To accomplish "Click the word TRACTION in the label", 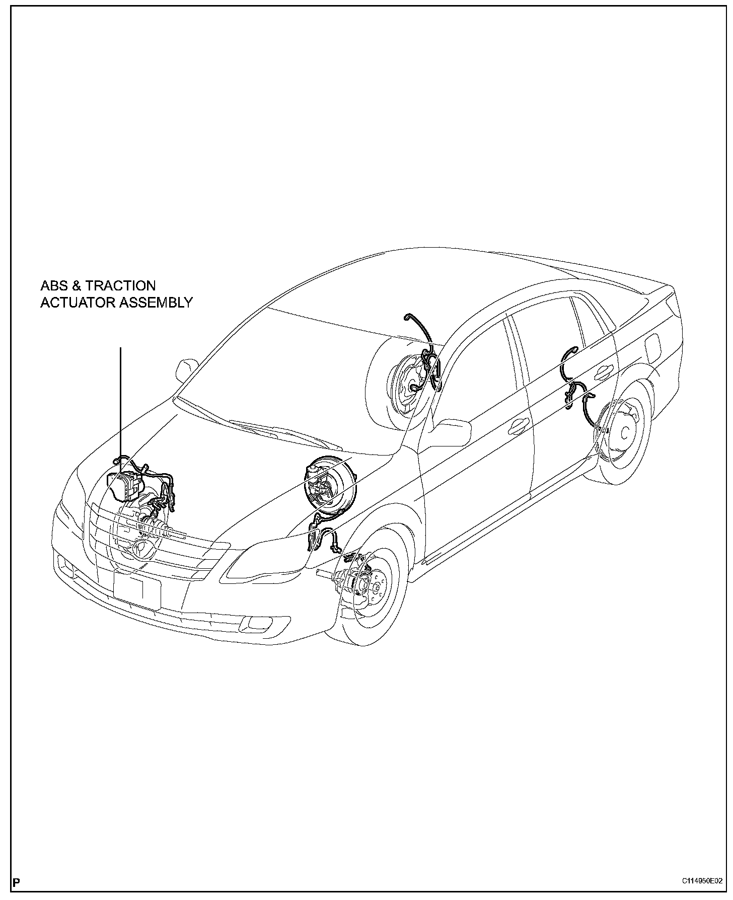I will pyautogui.click(x=121, y=286).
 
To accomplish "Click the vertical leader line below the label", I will pyautogui.click(x=121, y=403).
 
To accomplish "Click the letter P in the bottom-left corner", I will pyautogui.click(x=17, y=882).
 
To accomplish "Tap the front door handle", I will pyautogui.click(x=517, y=426).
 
